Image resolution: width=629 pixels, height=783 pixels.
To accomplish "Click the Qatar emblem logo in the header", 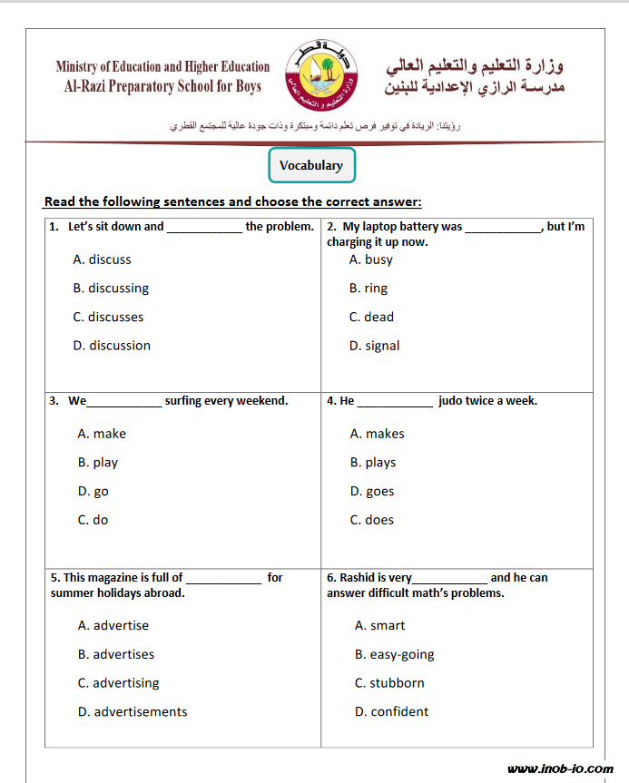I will click(322, 74).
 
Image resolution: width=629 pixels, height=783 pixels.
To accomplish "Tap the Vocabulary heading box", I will click(311, 165).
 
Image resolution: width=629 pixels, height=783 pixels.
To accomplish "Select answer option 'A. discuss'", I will click(102, 259).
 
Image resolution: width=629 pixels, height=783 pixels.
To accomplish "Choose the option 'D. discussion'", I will click(112, 346).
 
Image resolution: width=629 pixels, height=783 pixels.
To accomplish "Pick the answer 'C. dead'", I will click(371, 317).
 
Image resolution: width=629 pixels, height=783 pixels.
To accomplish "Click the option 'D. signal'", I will click(374, 346).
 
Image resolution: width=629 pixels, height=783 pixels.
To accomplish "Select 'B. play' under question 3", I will click(98, 463).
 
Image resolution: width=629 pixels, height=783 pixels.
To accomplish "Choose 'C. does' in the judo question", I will click(372, 520).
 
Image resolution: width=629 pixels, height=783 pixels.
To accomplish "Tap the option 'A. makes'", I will click(378, 434).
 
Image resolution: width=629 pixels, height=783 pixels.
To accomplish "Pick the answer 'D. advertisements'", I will click(133, 712).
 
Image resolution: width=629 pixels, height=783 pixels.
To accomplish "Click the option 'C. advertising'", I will click(118, 683).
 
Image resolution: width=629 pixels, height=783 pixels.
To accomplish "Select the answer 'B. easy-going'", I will click(395, 654).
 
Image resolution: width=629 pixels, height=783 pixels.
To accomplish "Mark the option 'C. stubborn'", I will click(389, 683).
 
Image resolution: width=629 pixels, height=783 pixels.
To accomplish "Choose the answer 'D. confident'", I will click(392, 712).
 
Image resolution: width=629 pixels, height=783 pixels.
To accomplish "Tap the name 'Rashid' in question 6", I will click(357, 577).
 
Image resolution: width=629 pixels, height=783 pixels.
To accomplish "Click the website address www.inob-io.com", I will click(560, 769).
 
